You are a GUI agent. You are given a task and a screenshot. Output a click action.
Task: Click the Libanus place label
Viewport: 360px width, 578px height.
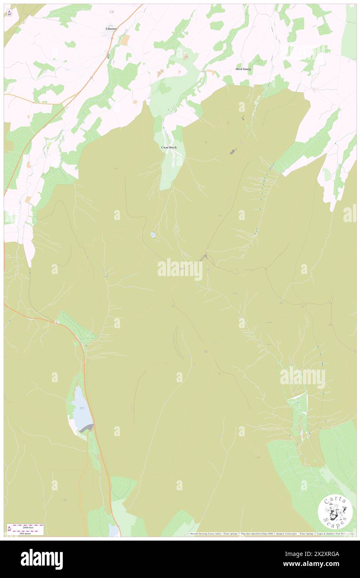click(111, 28)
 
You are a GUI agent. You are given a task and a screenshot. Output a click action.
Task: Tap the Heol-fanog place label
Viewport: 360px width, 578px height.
click(243, 69)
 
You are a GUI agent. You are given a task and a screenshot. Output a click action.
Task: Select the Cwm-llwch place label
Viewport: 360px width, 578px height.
click(169, 148)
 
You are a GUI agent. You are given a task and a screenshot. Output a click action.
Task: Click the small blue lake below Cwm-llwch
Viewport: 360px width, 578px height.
click(153, 235)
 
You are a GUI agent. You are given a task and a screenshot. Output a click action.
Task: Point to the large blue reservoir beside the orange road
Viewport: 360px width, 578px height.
click(80, 408)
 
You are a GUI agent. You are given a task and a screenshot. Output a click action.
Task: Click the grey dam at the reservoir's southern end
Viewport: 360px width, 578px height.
click(88, 428)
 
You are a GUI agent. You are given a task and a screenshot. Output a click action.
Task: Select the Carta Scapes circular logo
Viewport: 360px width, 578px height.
click(335, 511)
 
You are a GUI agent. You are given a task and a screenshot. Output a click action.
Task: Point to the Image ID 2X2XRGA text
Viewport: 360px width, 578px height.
click(318, 553)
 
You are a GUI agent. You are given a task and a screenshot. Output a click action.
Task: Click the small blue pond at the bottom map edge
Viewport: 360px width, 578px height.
click(113, 530)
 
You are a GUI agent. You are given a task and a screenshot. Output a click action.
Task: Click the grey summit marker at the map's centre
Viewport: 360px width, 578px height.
click(204, 258)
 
